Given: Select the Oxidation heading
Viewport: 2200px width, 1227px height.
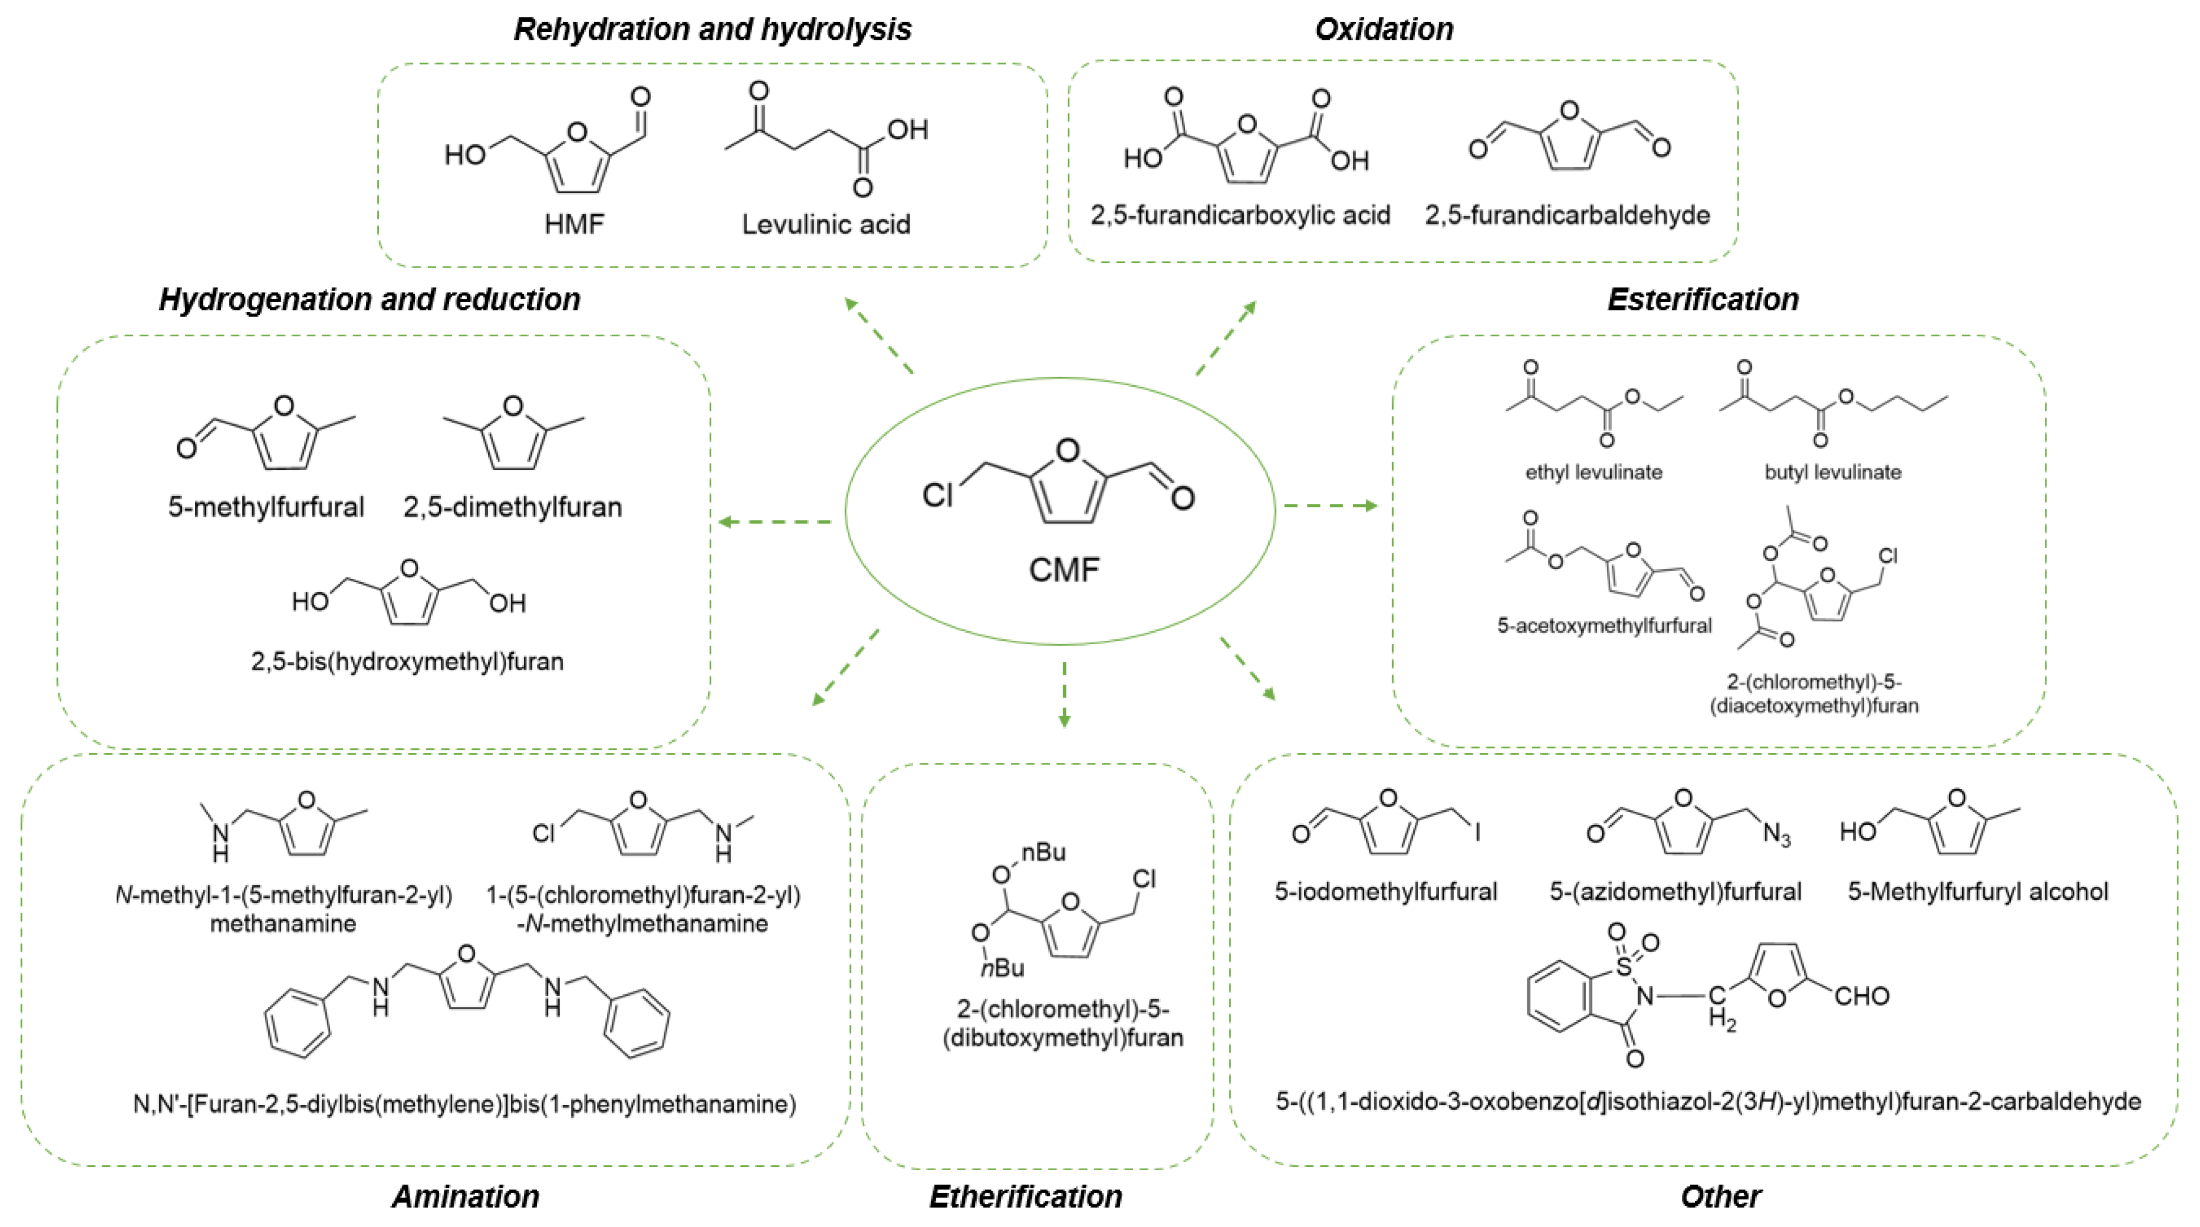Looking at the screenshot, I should [1384, 29].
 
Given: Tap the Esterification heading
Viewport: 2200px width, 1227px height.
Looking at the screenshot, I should [1703, 300].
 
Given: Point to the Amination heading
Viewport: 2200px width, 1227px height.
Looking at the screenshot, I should [465, 1196].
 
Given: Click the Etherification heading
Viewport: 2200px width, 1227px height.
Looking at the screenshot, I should [1026, 1196].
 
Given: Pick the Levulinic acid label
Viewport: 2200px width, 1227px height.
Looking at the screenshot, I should [826, 224].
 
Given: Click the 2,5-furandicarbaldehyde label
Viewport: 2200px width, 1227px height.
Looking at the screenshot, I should [1567, 215].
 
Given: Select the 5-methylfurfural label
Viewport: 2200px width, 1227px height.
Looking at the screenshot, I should [265, 507].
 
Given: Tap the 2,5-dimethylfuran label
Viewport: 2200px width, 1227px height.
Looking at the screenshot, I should [512, 507].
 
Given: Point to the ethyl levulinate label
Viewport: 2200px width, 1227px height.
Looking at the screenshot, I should [1594, 472].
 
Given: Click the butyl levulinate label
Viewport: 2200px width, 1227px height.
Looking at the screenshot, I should [1833, 472].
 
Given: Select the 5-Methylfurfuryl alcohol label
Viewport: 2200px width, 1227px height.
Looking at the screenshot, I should [1978, 891].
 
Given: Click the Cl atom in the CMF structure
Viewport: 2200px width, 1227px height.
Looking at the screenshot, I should [937, 495].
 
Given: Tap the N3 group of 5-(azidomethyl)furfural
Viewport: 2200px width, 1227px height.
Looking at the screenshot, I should [1776, 834].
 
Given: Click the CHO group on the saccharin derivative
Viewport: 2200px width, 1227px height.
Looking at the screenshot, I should [1862, 996].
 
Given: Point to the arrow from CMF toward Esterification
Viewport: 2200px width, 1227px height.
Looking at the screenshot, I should [1331, 506].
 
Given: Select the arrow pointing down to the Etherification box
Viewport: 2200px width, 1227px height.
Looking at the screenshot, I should [1064, 694].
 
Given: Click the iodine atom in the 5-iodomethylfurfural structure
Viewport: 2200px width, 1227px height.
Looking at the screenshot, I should [1477, 831].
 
